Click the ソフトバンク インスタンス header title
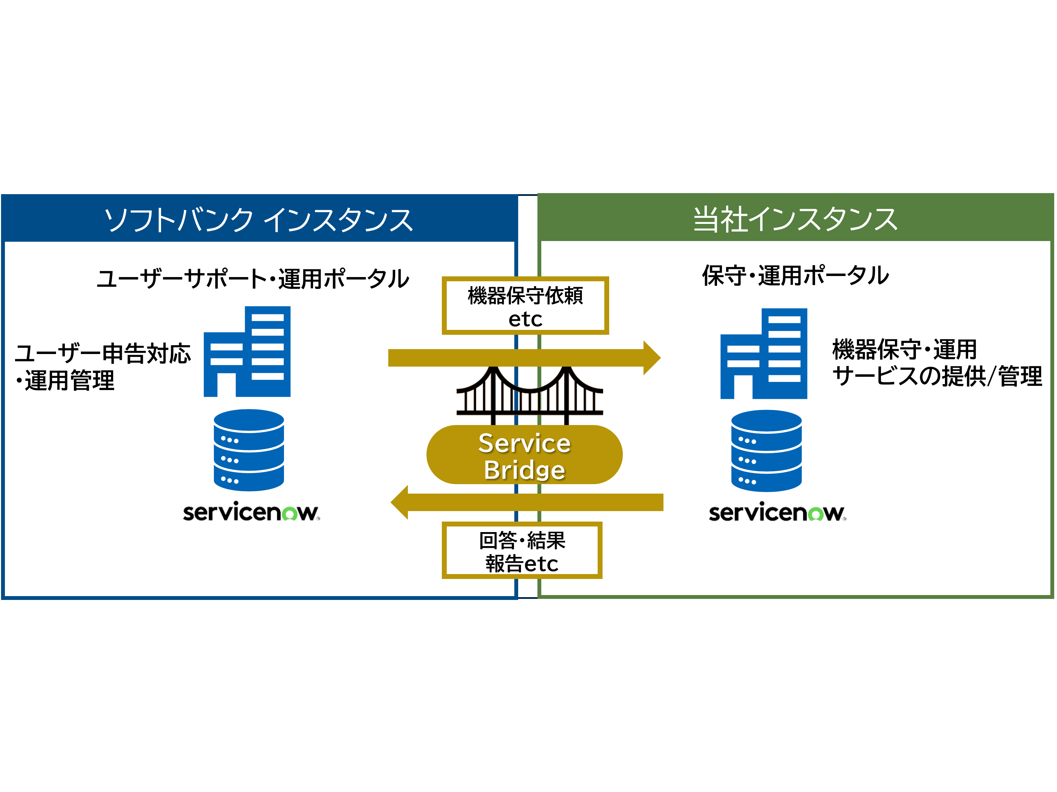[258, 220]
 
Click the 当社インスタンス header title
[795, 220]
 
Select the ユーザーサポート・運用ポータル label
[253, 278]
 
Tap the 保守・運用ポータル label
[795, 275]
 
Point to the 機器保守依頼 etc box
[525, 305]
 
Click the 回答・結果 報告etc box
[522, 550]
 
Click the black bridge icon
[529, 394]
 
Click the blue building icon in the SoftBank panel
[248, 352]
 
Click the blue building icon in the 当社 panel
[764, 354]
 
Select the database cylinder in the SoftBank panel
[249, 450]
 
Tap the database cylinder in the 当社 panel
[766, 451]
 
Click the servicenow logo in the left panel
[251, 512]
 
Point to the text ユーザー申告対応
[103, 354]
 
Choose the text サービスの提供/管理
[937, 376]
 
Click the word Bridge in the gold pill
[524, 470]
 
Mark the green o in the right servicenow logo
[816, 514]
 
